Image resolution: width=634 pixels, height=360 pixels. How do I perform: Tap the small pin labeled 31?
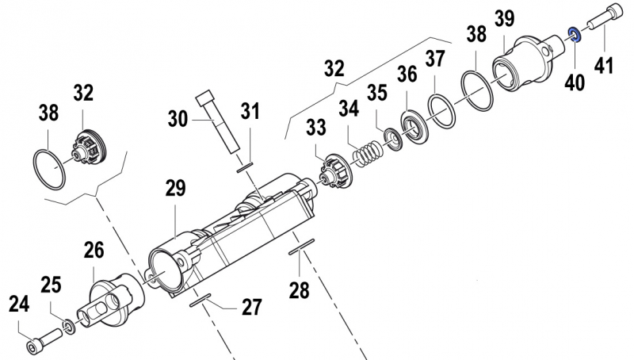click(x=244, y=167)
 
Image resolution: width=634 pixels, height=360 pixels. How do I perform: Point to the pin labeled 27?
click(x=200, y=300)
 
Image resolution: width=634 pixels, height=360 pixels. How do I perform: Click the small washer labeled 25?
click(x=70, y=325)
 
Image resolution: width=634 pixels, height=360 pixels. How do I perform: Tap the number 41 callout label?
click(x=605, y=66)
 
